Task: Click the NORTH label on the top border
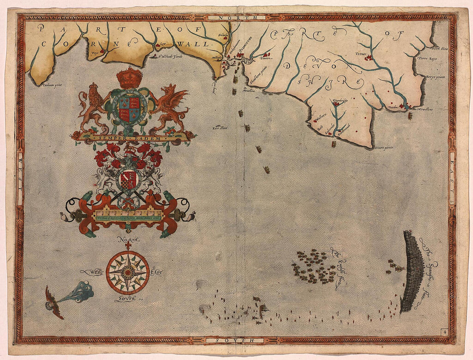236,18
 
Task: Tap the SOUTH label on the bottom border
236,340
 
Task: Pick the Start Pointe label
384,147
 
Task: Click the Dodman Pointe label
52,85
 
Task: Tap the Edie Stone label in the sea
219,127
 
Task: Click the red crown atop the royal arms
129,78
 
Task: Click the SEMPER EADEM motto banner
133,137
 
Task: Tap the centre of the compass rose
128,272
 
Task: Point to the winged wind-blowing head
55,302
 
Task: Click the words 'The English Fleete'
337,268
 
